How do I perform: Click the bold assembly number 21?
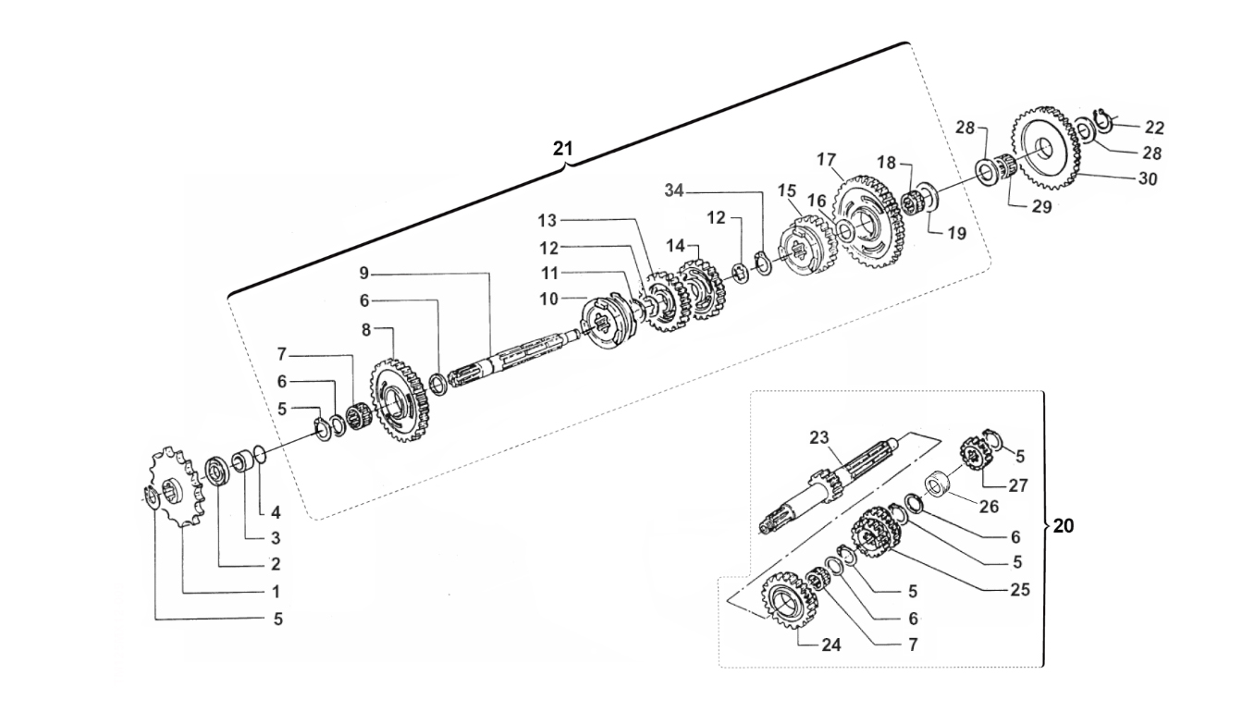(563, 149)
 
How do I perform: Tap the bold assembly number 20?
(1064, 525)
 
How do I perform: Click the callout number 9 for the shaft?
(363, 273)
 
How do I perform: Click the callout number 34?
(674, 190)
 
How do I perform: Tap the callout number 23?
(819, 437)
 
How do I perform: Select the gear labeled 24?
(790, 601)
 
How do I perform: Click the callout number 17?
(826, 160)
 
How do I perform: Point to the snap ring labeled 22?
(1101, 122)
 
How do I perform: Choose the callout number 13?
(547, 221)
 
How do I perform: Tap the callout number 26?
(990, 506)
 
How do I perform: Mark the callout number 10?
(549, 300)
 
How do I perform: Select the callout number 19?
(956, 233)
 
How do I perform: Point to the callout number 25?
(1020, 590)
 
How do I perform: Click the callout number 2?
(276, 564)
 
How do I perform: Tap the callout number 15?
(786, 190)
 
